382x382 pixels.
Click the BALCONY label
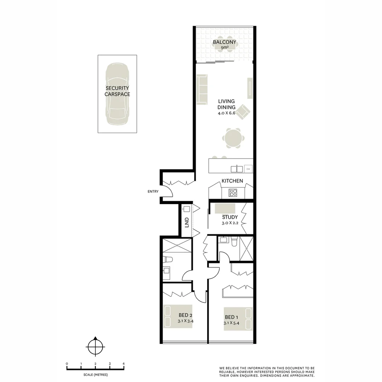point(224,42)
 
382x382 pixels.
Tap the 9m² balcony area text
point(224,48)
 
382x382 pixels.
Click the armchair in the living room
point(243,111)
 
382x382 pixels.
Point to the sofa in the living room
point(202,89)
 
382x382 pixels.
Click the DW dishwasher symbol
point(248,169)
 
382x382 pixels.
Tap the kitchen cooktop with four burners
point(233,193)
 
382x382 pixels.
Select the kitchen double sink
point(237,169)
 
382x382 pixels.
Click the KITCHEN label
point(232,181)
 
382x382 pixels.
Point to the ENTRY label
point(153,191)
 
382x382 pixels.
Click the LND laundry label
point(186,222)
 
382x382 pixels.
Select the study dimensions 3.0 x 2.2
point(230,223)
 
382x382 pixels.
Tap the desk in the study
point(225,208)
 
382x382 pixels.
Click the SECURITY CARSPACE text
point(117,91)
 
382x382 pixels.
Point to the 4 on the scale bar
point(123,364)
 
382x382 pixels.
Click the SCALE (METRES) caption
point(95,374)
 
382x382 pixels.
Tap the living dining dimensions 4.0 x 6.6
point(227,113)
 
